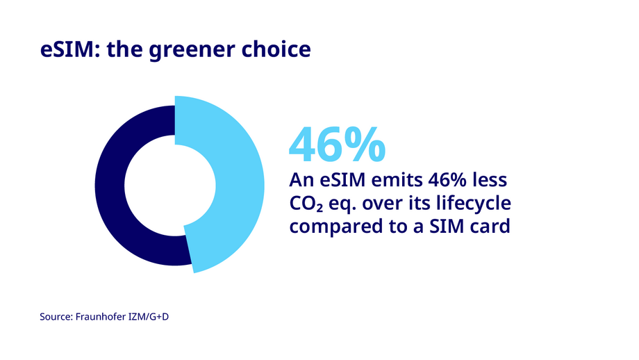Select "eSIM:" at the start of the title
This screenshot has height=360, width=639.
67,51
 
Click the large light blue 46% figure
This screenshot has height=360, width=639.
337,144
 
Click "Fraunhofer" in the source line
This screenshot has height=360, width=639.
106,316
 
